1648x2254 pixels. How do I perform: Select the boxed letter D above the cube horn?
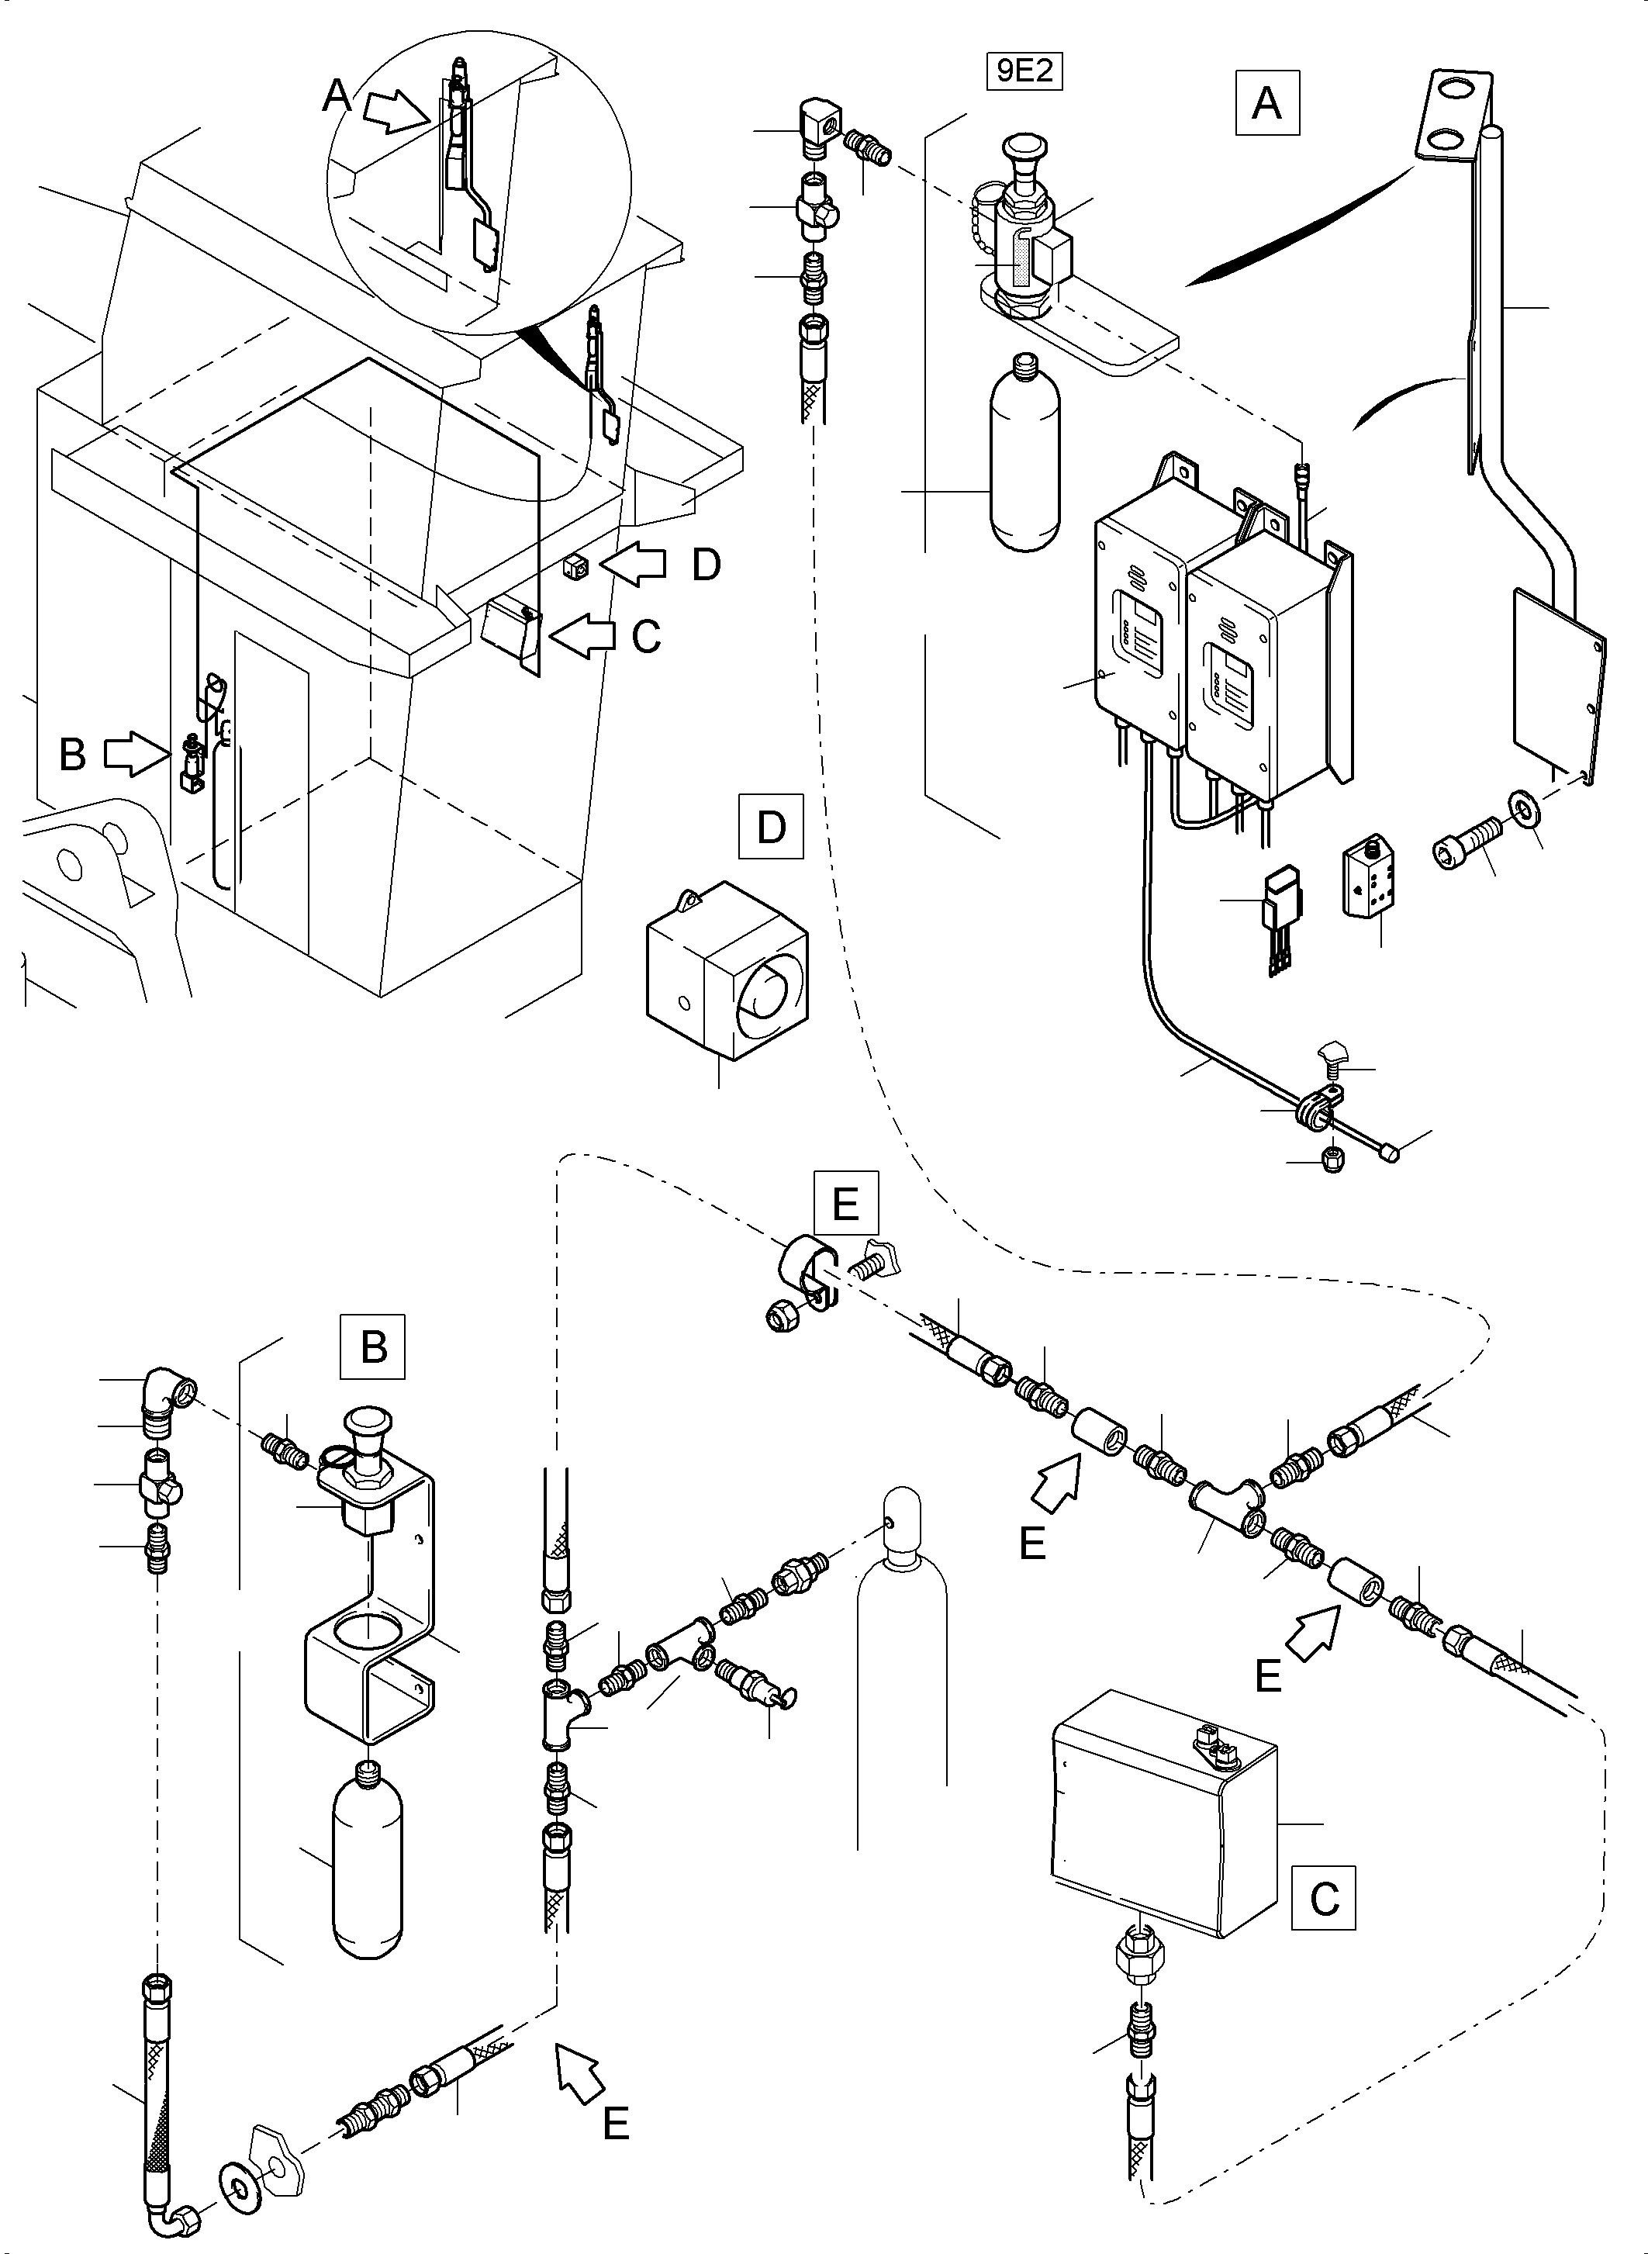pos(771,827)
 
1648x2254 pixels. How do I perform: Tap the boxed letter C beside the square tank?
pos(1324,1899)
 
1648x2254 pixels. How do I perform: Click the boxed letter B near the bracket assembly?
pos(373,1347)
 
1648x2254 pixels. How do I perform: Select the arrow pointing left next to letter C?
pos(586,635)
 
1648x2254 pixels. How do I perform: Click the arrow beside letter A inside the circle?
pos(394,110)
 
